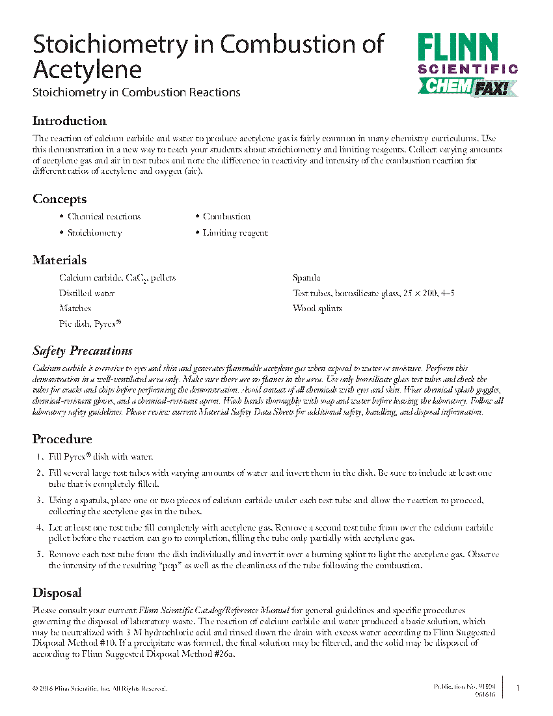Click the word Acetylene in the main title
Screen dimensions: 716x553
[87, 69]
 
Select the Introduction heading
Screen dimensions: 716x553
[69, 121]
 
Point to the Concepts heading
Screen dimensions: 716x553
[59, 199]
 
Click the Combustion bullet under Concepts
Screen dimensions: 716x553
[226, 217]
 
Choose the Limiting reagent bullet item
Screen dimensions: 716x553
[235, 233]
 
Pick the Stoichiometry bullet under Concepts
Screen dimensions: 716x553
[94, 233]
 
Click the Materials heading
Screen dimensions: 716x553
[59, 260]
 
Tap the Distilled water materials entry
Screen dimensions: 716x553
[87, 294]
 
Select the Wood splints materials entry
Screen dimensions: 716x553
[317, 309]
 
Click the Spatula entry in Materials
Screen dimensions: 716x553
[306, 279]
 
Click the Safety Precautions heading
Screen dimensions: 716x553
[83, 351]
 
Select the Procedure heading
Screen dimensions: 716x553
[62, 439]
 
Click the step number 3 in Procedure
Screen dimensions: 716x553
[39, 501]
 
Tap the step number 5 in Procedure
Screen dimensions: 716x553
[39, 555]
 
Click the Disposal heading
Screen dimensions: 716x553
[57, 593]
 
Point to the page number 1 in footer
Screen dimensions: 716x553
[517, 688]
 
